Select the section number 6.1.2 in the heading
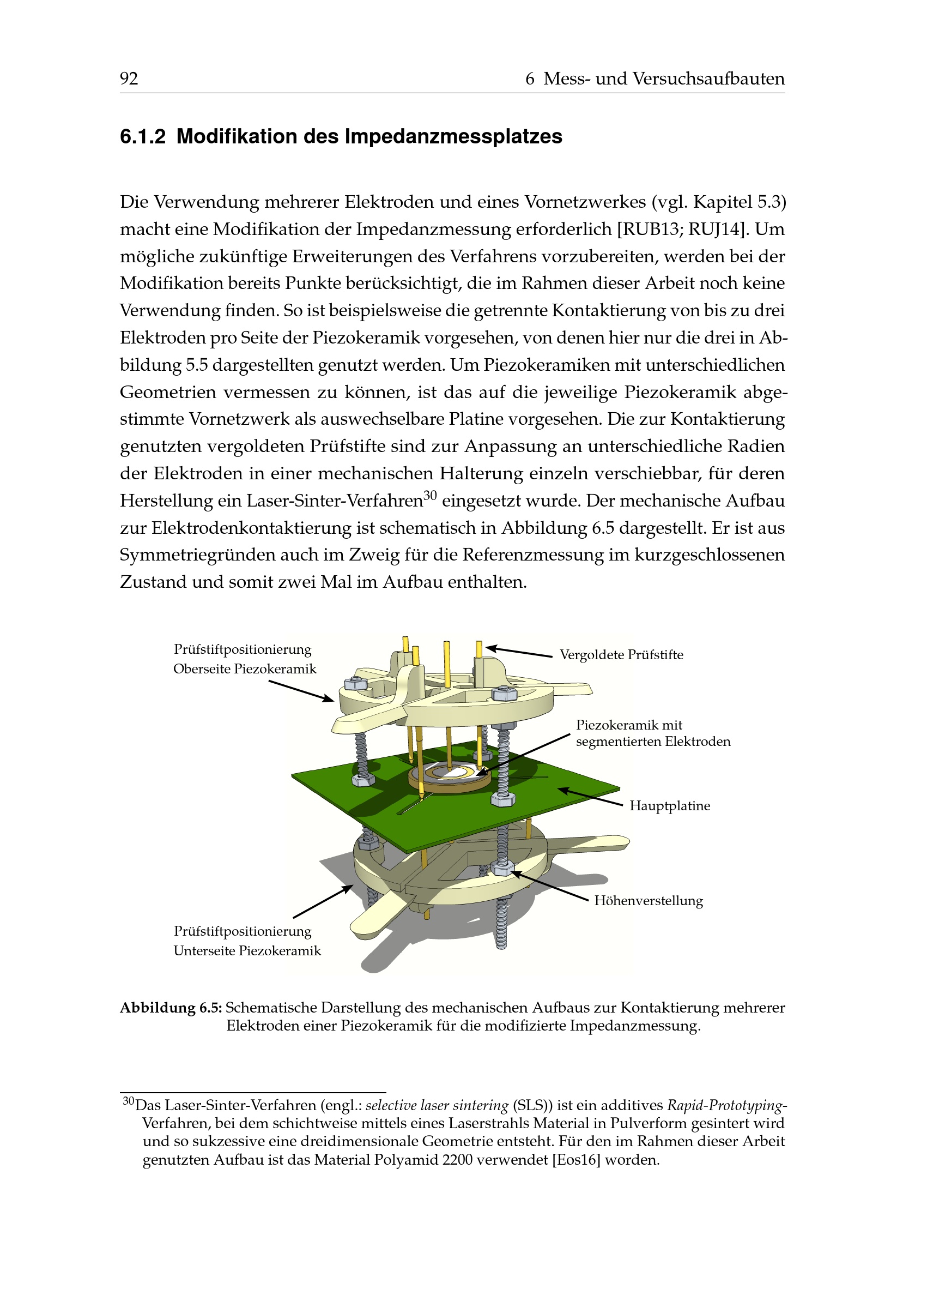tap(143, 137)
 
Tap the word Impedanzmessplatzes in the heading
tap(453, 137)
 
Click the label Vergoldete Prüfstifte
tap(621, 654)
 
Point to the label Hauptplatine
tap(670, 806)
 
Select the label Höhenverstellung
tap(649, 901)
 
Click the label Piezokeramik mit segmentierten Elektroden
tap(652, 733)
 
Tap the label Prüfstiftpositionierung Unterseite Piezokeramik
tap(246, 941)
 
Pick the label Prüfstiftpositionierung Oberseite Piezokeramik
tap(244, 659)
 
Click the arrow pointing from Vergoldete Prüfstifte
tap(519, 652)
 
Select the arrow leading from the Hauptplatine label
tap(590, 797)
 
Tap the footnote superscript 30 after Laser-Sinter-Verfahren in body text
tap(430, 495)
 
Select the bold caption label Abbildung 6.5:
tap(171, 1008)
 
